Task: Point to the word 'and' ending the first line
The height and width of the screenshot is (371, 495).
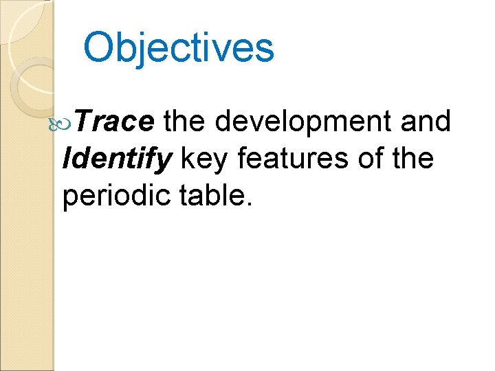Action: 427,122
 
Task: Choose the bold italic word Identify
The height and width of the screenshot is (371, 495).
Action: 116,159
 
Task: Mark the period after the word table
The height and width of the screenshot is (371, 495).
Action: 250,204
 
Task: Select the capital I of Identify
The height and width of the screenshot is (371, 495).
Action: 67,159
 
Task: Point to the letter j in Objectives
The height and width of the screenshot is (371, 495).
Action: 144,50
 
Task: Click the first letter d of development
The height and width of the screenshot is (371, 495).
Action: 223,122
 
